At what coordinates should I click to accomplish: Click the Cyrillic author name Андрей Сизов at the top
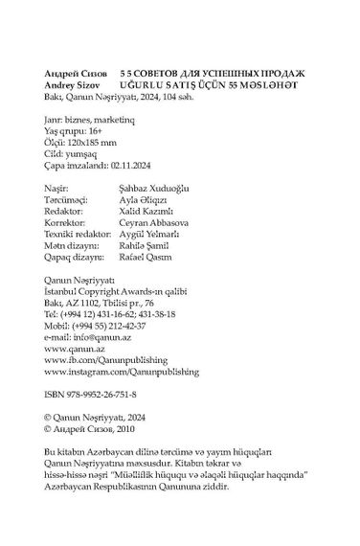pos(78,74)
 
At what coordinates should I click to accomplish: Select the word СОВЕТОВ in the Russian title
pos(165,74)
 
